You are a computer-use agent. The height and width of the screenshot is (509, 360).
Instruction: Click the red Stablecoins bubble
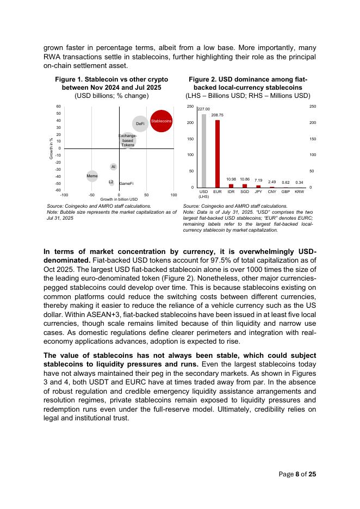click(162, 121)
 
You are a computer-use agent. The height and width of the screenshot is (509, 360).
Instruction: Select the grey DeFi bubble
click(140, 124)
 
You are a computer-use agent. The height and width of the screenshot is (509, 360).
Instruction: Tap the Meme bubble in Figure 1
click(92, 176)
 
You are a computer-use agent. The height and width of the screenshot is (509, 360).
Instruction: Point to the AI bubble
click(113, 166)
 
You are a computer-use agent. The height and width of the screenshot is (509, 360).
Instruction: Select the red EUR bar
click(218, 154)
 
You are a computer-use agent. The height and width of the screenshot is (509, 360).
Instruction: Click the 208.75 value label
click(218, 115)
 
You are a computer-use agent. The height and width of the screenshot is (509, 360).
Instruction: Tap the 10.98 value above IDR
click(231, 179)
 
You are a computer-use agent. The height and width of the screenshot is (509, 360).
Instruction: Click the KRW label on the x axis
click(299, 192)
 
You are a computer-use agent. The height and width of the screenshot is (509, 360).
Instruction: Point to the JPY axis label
click(258, 192)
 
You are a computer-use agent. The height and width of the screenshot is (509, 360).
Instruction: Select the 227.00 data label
click(204, 109)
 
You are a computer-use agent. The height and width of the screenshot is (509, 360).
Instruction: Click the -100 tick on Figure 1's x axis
click(64, 194)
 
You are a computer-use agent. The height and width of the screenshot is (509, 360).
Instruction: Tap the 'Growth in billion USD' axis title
click(119, 200)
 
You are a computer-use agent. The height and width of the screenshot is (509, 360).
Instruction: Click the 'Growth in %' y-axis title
click(51, 148)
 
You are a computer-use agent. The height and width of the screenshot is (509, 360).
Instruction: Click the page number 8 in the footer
click(297, 474)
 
